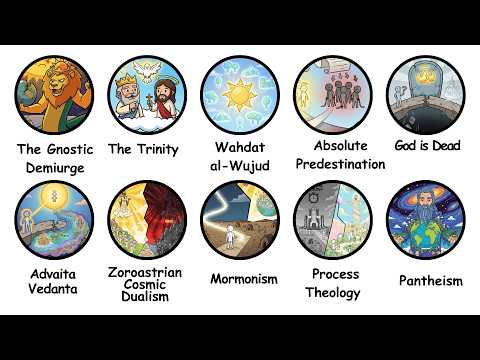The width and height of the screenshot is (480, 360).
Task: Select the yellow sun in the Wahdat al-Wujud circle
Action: pos(239,98)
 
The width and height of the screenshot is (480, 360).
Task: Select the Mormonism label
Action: pos(243,278)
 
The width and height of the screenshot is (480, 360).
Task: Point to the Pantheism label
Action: pos(430,281)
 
